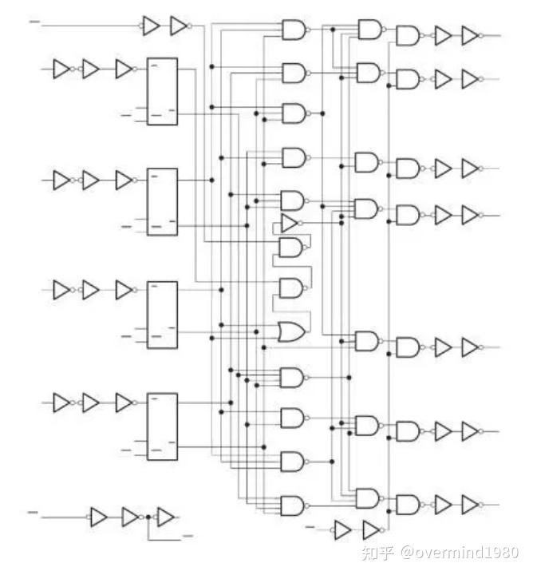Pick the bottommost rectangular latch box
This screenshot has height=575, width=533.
(163, 426)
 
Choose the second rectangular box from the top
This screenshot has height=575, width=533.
(163, 202)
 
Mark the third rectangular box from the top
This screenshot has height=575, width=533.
(163, 314)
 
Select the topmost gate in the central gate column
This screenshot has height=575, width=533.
(293, 30)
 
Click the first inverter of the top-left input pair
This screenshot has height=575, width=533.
(151, 26)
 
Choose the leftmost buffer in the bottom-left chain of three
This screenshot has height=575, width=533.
(99, 517)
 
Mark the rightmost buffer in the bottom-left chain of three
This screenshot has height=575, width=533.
(166, 517)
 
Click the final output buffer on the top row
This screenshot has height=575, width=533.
(471, 36)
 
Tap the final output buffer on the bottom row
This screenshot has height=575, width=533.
(471, 505)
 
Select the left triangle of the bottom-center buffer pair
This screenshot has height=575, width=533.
(342, 529)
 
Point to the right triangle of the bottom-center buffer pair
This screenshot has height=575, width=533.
(371, 529)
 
